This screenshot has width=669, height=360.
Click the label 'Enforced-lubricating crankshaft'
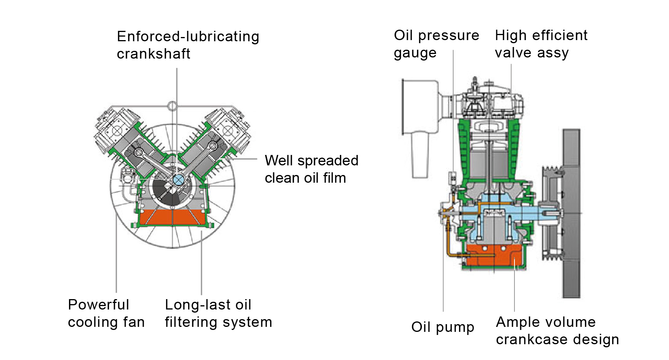188,45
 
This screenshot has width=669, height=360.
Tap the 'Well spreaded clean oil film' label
311,169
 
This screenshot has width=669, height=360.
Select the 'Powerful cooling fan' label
106,313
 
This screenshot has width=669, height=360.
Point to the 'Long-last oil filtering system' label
218,313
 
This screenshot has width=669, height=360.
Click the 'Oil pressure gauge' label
436,44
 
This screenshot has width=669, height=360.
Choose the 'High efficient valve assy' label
541,44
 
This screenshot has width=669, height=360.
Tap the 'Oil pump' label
442,327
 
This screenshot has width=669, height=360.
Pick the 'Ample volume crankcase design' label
557,330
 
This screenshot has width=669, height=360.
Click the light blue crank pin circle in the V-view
178,180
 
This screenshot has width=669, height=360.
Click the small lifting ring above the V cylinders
172,105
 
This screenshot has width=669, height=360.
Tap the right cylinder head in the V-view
230,129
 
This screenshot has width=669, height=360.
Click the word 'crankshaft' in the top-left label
153,54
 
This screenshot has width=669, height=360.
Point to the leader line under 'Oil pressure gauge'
453,116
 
